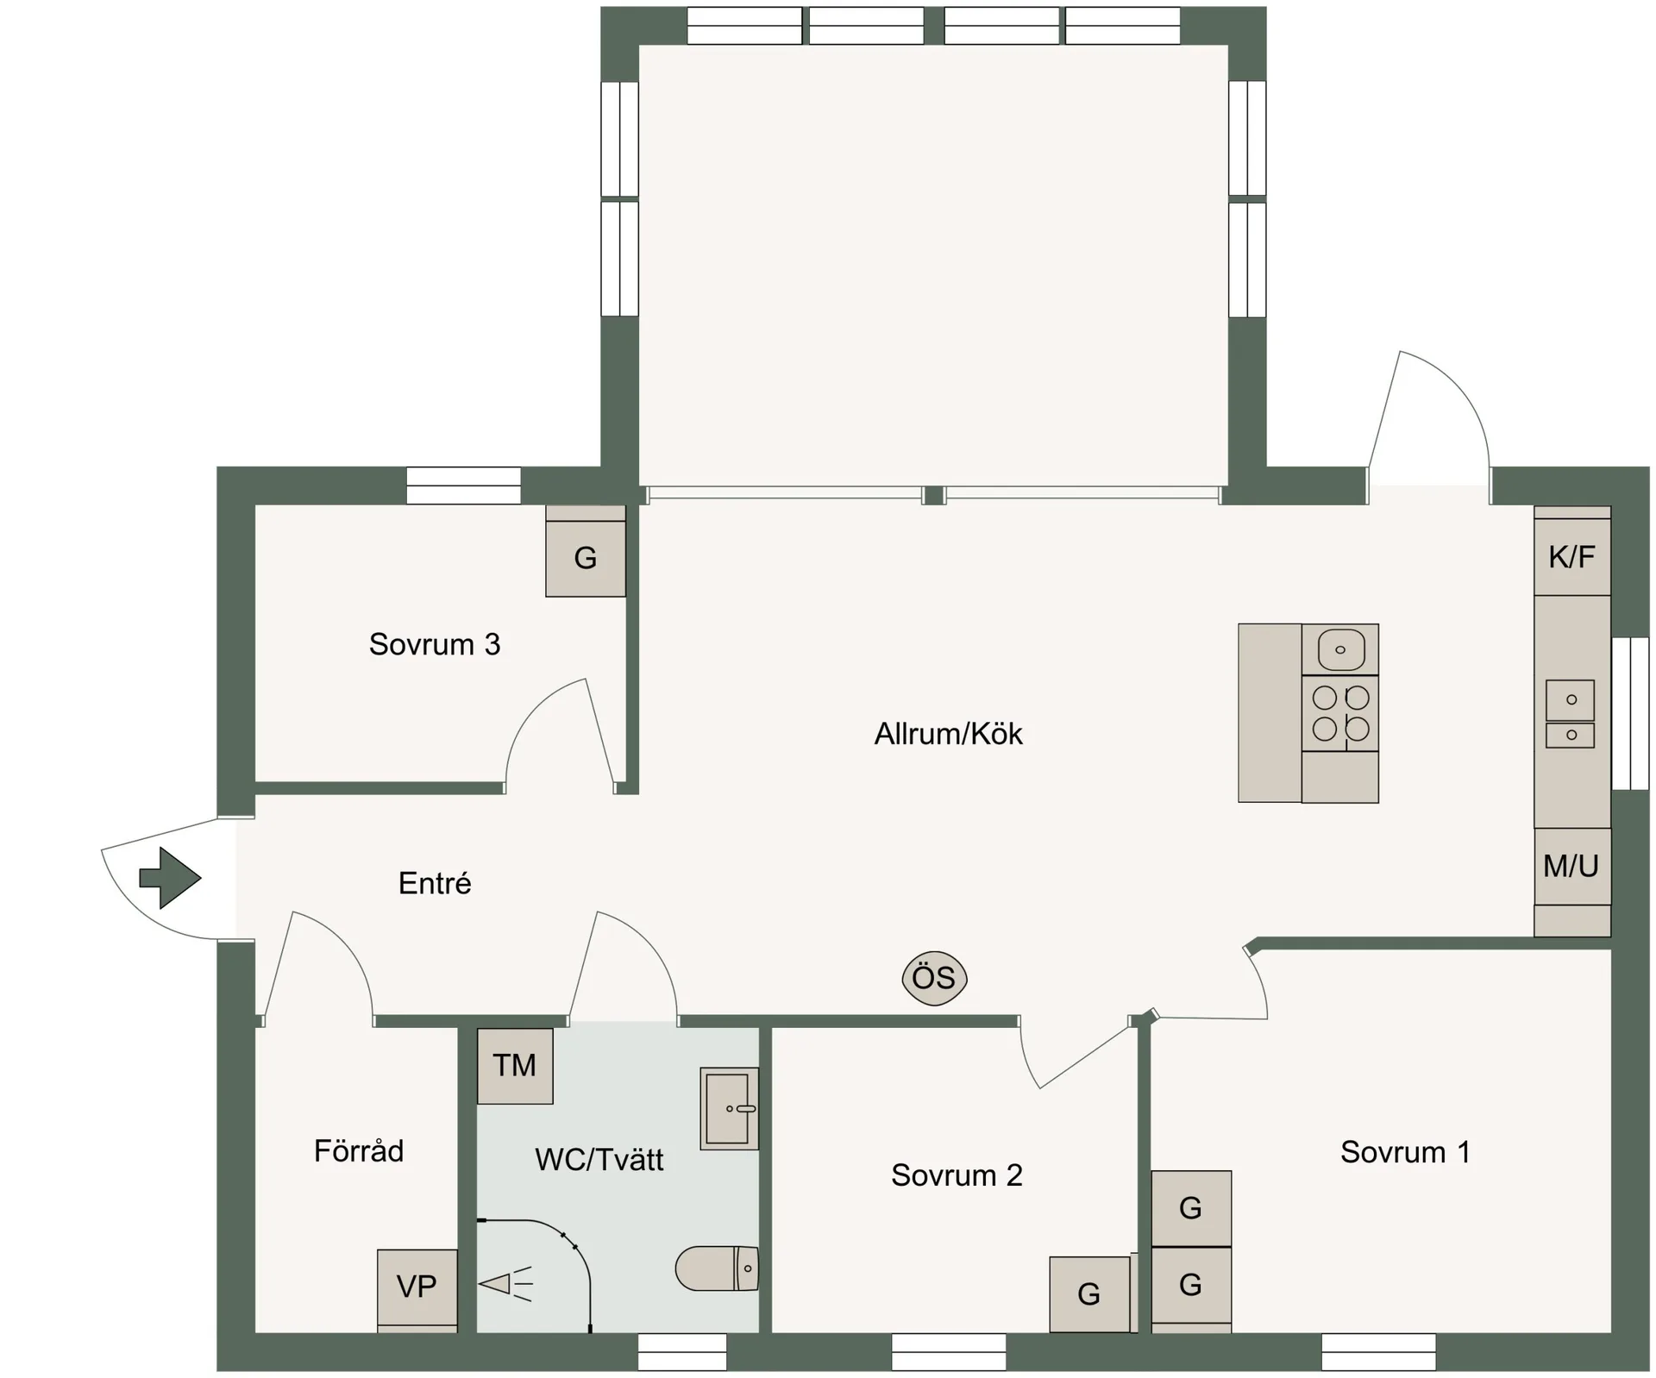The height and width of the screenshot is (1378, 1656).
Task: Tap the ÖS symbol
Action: (x=934, y=978)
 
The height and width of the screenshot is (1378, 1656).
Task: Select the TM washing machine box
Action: (x=515, y=1066)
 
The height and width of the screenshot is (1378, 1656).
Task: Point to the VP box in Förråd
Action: (x=417, y=1287)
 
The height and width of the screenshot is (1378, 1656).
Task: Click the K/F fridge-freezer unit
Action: (x=1572, y=557)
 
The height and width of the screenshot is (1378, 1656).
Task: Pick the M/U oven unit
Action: (x=1572, y=866)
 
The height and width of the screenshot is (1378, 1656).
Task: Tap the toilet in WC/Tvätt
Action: (x=717, y=1268)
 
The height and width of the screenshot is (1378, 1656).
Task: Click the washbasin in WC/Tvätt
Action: (x=730, y=1108)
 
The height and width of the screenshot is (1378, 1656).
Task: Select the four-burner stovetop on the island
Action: (x=1340, y=713)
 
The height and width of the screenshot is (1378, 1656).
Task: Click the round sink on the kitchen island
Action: (x=1340, y=649)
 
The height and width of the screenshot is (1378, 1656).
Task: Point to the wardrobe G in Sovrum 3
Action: (x=586, y=558)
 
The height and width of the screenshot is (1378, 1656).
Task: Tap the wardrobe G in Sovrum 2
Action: (x=1089, y=1294)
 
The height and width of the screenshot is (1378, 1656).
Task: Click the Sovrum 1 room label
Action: (x=1405, y=1152)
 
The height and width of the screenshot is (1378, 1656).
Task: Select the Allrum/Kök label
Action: (x=948, y=734)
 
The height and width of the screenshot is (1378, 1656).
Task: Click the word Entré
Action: (x=435, y=883)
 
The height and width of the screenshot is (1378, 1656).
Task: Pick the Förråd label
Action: (x=359, y=1150)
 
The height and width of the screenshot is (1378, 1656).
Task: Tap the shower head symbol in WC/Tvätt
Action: (x=505, y=1285)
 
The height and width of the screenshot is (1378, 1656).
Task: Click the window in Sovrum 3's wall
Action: (x=464, y=485)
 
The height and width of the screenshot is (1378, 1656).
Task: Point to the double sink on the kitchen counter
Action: (x=1571, y=713)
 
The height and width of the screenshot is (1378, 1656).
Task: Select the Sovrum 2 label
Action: (x=957, y=1175)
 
